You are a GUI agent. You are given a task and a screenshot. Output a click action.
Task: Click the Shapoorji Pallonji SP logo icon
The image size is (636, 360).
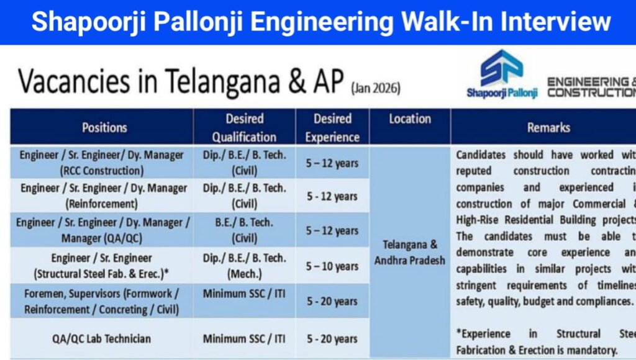tap(501, 69)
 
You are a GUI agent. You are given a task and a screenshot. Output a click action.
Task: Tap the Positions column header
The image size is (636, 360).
tap(104, 127)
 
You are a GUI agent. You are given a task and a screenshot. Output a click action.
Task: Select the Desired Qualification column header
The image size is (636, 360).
tap(244, 127)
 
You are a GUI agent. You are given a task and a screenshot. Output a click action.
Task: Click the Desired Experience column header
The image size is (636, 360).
tap(332, 127)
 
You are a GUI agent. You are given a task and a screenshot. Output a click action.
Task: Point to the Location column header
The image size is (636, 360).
tap(410, 119)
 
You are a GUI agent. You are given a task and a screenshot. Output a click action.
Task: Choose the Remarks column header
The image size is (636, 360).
tap(548, 127)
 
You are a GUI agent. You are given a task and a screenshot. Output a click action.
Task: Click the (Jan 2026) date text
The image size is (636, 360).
tap(376, 89)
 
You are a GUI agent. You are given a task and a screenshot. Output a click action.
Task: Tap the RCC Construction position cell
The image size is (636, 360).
tap(101, 163)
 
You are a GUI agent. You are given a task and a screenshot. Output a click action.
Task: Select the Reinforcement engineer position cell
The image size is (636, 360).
tap(101, 196)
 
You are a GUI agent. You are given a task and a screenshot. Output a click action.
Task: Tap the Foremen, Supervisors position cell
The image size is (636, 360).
tap(101, 301)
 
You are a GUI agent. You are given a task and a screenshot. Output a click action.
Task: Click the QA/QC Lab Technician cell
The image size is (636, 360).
tap(101, 339)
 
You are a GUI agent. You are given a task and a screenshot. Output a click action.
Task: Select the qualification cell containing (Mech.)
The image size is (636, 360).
tap(244, 266)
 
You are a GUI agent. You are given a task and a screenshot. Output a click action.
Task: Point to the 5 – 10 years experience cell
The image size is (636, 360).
tap(332, 266)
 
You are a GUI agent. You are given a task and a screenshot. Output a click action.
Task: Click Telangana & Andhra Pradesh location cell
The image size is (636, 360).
tap(410, 252)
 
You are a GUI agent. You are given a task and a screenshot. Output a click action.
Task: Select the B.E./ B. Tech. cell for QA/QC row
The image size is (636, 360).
tap(244, 230)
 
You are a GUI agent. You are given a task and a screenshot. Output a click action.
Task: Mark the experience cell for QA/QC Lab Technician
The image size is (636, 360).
tap(332, 339)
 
